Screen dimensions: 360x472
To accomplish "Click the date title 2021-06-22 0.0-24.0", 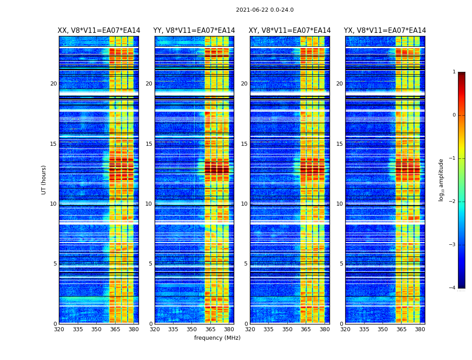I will click(x=264, y=10).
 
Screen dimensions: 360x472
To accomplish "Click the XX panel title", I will click(x=99, y=31).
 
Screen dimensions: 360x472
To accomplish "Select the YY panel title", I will click(x=194, y=31).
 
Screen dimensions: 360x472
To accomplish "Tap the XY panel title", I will click(x=290, y=31).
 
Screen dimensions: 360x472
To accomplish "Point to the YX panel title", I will click(x=385, y=31).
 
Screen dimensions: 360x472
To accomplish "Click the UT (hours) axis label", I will click(x=44, y=180).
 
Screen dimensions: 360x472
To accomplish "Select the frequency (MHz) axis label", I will click(x=217, y=338).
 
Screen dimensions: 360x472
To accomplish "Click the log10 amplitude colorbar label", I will click(x=441, y=180).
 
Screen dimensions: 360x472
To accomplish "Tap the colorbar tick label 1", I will click(x=454, y=72).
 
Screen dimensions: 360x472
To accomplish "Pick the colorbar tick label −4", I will click(x=453, y=288).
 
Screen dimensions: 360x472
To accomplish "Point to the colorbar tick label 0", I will click(x=454, y=115).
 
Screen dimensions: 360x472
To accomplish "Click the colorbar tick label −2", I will click(x=453, y=202).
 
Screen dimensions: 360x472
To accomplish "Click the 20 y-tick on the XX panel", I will click(x=53, y=84).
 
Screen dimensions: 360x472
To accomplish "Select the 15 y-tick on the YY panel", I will click(x=149, y=144).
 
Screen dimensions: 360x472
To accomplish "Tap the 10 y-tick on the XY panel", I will click(x=244, y=204).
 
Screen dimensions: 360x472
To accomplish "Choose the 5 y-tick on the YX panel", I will click(x=341, y=264).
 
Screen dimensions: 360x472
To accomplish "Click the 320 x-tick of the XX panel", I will click(x=59, y=329).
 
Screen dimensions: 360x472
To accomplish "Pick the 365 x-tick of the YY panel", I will click(x=210, y=329).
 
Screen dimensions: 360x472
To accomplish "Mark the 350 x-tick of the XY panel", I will click(x=287, y=329).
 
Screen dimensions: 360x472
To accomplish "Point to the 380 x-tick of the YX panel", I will click(x=420, y=329).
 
